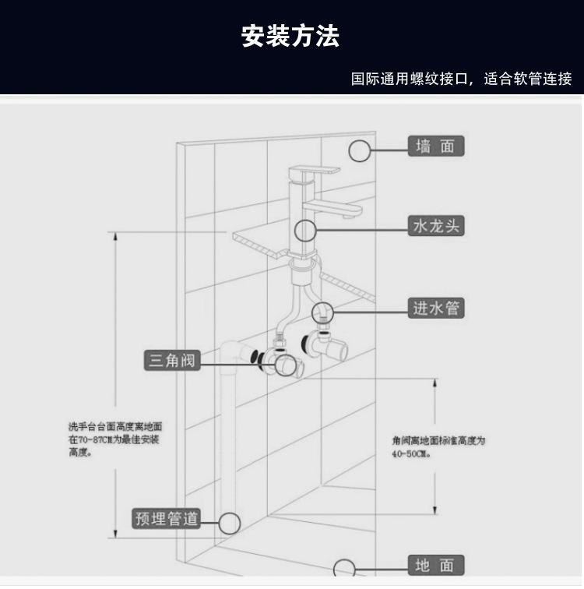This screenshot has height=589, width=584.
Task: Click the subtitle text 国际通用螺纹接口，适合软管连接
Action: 461,79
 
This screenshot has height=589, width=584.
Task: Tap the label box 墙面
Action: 435,146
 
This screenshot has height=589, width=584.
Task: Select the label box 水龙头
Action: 437,227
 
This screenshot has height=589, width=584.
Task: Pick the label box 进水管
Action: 436,309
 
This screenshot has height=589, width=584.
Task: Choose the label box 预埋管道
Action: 167,518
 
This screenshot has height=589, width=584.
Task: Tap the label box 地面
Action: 435,565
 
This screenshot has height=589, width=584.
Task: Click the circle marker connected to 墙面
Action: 360,150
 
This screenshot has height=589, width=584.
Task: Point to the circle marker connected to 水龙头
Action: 304,230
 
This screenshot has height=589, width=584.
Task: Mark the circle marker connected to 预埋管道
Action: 229,523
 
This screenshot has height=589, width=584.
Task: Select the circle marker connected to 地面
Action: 344,569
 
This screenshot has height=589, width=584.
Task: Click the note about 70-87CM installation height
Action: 114,439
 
